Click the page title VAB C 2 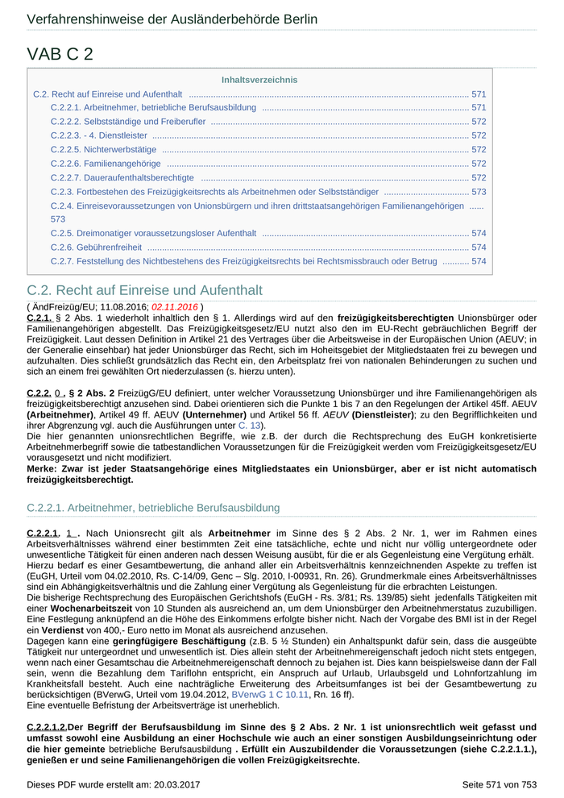[60, 54]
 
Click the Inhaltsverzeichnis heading [259, 80]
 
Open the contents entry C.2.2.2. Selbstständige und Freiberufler [128, 122]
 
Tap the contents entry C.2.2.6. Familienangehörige [105, 164]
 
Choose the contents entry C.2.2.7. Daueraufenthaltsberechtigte [122, 177]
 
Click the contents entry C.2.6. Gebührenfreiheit [96, 247]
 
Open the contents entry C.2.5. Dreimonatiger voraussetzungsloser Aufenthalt [153, 233]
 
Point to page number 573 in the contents [479, 192]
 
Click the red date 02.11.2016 [175, 307]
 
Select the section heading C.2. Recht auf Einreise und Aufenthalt [144, 290]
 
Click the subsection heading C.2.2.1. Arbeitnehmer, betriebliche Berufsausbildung [153, 508]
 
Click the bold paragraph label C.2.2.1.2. [47, 726]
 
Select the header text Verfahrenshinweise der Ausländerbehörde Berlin [172, 19]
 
